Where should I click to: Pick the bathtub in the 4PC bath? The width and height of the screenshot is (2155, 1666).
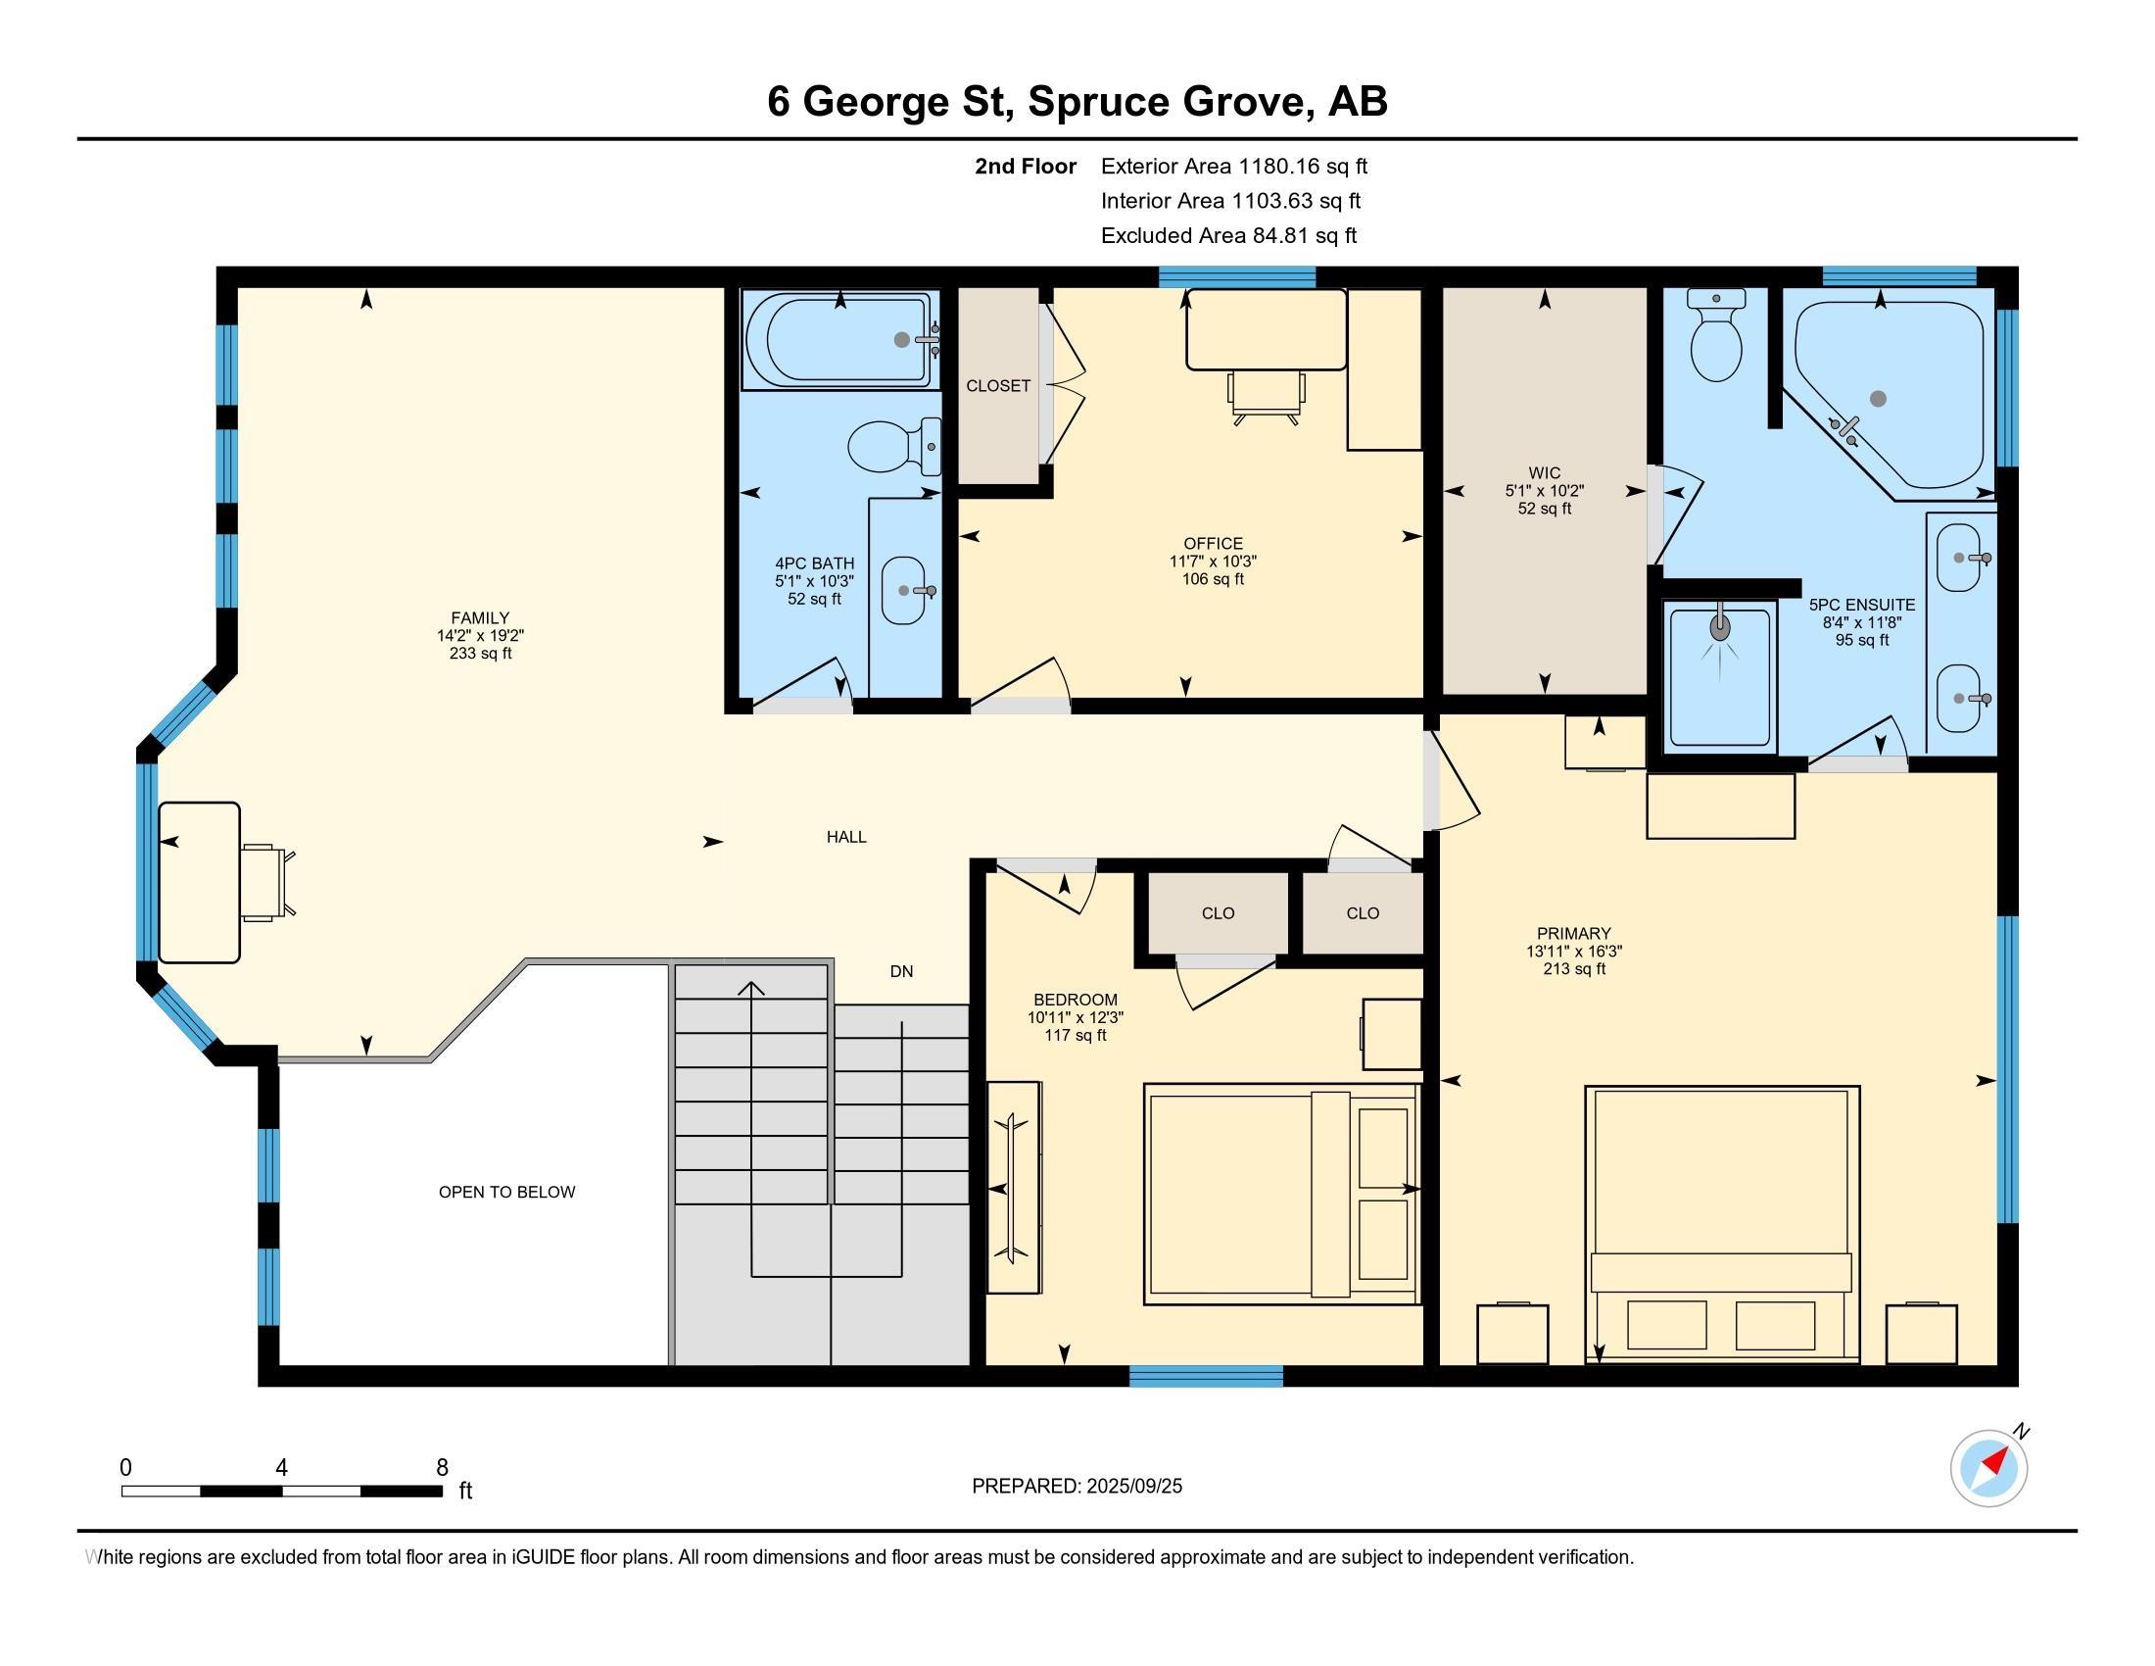839,339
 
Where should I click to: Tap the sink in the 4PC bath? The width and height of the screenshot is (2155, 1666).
904,590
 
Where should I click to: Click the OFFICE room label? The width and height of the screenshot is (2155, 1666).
1213,544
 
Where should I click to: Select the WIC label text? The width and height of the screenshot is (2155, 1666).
1544,473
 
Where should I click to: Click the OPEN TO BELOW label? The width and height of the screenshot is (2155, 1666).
507,1193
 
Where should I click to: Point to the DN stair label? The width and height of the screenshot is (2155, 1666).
901,972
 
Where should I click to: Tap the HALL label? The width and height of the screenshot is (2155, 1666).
846,837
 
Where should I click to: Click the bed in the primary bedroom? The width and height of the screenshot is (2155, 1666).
1722,1225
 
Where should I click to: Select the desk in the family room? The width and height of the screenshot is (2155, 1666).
199,882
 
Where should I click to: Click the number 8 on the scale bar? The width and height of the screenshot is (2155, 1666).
442,1468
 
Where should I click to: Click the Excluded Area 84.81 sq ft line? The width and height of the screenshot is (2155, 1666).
1228,236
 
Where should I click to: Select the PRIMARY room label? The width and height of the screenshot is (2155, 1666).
1574,934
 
